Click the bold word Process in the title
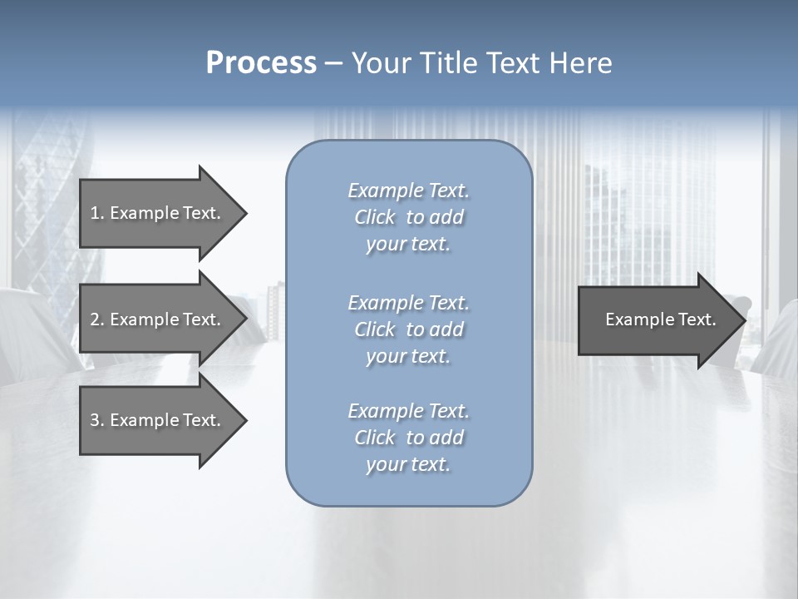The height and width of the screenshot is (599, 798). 261,63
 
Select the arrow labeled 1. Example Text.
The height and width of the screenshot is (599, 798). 158,213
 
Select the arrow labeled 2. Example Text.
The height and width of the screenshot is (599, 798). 158,319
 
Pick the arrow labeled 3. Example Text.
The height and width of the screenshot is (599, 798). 158,420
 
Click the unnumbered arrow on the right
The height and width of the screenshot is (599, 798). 657,319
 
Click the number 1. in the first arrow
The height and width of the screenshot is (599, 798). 97,213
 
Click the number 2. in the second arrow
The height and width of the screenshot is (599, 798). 97,319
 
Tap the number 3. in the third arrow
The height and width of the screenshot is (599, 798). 97,420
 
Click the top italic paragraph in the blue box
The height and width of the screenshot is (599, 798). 408,217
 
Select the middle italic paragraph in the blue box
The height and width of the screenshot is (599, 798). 408,329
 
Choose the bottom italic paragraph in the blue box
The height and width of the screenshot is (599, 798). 408,438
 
